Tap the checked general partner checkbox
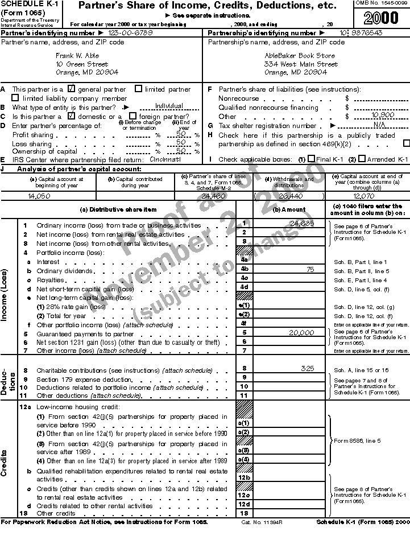[x=72, y=89]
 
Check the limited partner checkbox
[x=139, y=89]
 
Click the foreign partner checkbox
[x=132, y=116]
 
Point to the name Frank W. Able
[x=77, y=56]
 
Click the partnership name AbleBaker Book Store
[x=300, y=56]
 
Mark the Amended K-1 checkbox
[x=362, y=159]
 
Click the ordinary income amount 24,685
[x=301, y=223]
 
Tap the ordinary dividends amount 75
[x=310, y=269]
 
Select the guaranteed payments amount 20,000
[x=301, y=332]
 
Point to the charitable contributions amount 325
[x=307, y=369]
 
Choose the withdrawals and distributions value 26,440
[x=289, y=195]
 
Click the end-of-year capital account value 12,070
[x=364, y=195]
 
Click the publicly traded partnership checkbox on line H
[x=406, y=143]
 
